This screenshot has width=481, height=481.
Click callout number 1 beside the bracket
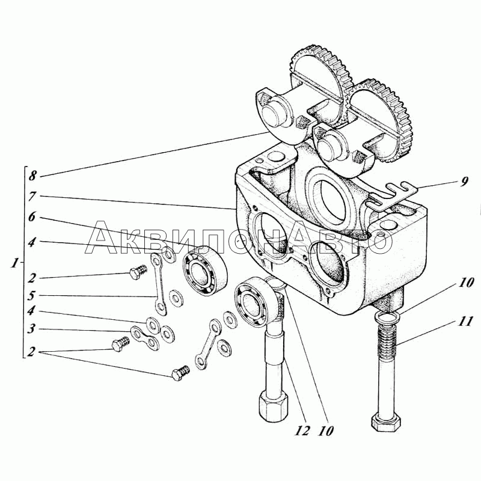click(x=14, y=263)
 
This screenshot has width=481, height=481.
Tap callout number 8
click(x=33, y=176)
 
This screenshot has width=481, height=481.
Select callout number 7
click(x=32, y=197)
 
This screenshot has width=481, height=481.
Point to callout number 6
click(x=32, y=217)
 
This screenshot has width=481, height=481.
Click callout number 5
click(x=32, y=296)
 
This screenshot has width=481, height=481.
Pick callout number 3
click(x=32, y=329)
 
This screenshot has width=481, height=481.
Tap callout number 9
click(x=464, y=182)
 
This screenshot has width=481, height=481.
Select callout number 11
click(x=465, y=322)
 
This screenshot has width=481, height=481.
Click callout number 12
click(x=302, y=431)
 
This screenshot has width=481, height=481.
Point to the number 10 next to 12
click(x=326, y=431)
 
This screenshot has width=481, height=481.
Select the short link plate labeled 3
click(x=145, y=337)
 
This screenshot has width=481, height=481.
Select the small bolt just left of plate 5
click(x=138, y=272)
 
